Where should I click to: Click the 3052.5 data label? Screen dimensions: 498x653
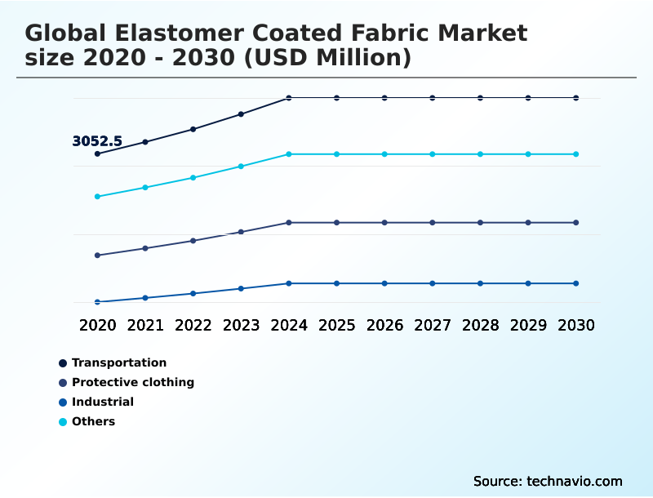pos(97,141)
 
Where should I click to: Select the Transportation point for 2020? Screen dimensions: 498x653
pos(97,153)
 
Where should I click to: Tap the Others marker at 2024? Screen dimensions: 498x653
pos(289,154)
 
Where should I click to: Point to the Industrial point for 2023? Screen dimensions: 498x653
pos(241,288)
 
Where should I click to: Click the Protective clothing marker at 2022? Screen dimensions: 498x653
pos(193,241)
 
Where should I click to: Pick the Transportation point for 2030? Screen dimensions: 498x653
pos(576,98)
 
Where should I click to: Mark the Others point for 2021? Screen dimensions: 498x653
pos(145,188)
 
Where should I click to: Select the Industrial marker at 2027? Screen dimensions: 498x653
pos(433,283)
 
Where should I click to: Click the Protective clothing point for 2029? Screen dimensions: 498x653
pos(528,223)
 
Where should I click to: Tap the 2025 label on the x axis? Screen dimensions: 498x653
pos(336,325)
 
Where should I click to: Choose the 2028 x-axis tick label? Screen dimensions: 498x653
pos(480,325)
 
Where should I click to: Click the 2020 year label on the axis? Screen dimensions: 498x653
pos(97,325)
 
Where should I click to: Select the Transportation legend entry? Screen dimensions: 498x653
pos(118,362)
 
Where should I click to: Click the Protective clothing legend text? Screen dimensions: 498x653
pos(132,382)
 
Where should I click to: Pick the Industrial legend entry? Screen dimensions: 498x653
pos(102,402)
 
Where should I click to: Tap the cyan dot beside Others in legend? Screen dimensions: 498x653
pos(63,422)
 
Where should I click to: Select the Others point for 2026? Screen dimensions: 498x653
pos(384,154)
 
